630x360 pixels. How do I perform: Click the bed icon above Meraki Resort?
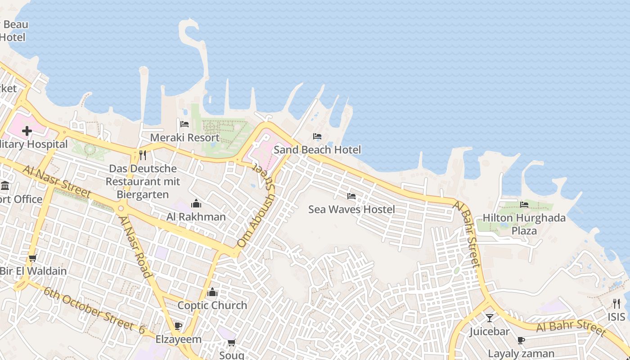point(184,124)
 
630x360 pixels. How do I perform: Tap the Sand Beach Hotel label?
point(317,150)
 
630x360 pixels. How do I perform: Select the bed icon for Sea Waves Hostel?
point(351,196)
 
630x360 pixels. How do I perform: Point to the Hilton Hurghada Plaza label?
point(524,224)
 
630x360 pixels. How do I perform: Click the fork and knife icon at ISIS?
point(616,304)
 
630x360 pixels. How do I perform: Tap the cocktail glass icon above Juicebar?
point(490,318)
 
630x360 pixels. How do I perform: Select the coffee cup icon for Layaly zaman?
point(521,340)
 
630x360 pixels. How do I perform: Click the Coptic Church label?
point(212,305)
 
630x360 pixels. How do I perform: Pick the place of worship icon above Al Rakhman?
point(196,203)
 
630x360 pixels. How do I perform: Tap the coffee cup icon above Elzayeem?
point(178,326)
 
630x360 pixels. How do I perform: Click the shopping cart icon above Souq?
point(232,343)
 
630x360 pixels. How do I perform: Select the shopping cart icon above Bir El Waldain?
point(32,258)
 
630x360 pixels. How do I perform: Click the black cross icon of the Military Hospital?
point(27,131)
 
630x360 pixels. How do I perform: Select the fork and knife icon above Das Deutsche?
point(143,156)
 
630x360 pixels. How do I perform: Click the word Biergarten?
point(143,194)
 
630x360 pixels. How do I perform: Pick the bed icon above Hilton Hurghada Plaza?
point(524,205)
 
